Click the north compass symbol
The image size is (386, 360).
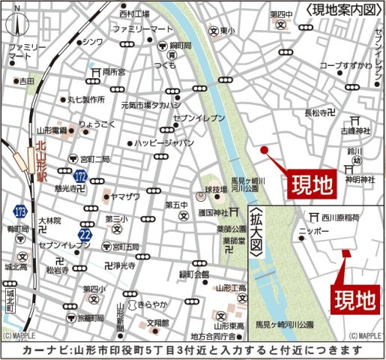14,27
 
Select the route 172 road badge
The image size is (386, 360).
81,176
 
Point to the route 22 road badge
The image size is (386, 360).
85,235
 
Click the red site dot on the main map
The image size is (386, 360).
264,149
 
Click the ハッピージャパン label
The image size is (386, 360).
165,142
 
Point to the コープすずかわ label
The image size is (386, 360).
346,66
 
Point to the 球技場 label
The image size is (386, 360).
217,191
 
